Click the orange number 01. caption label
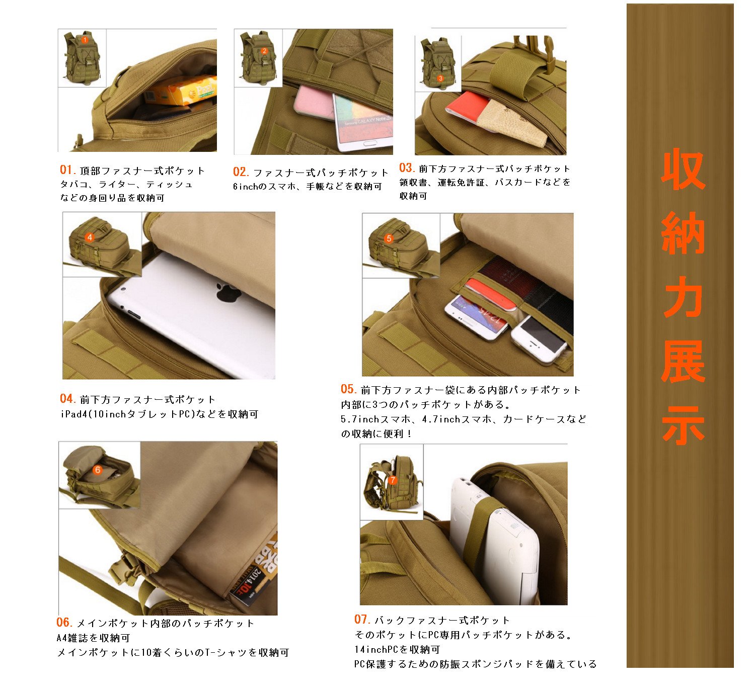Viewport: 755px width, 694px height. (68, 169)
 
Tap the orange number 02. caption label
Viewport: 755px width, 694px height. (241, 172)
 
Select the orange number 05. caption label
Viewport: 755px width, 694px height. (349, 389)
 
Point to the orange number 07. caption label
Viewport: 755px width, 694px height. (362, 619)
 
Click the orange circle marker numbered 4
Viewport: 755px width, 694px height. (90, 237)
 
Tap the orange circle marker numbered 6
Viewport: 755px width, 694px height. (98, 470)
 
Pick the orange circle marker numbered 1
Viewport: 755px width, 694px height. (85, 40)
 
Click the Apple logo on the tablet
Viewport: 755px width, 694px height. (228, 292)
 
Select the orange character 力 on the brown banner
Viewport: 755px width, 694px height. (683, 297)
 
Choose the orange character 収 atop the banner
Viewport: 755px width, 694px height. (683, 169)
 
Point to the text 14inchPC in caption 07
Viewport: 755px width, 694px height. (376, 649)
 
